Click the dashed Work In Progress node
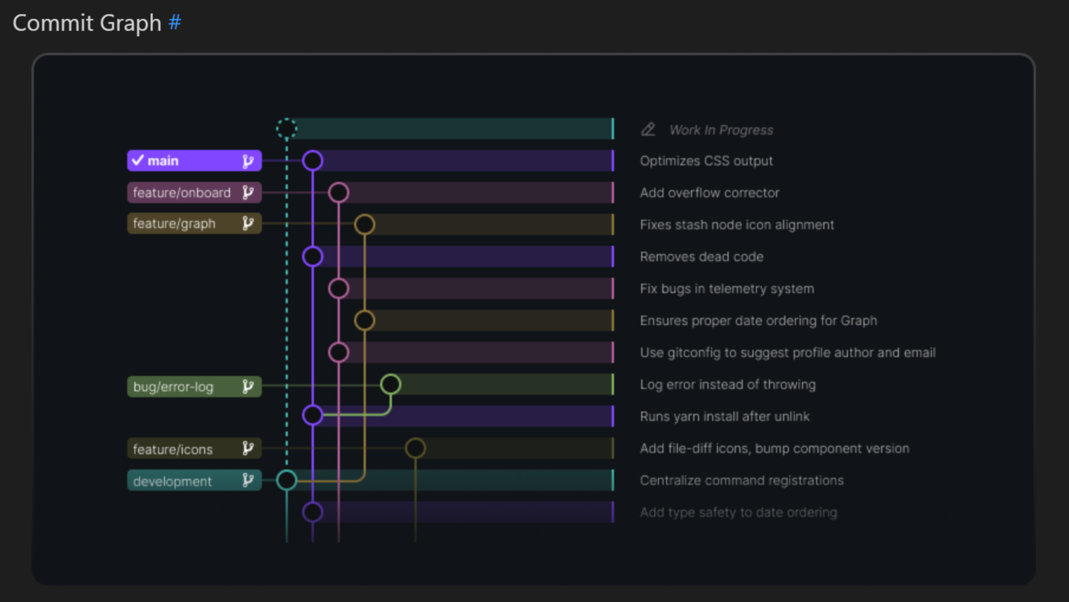[x=287, y=129]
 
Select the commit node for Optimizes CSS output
[x=313, y=161]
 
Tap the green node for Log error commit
[x=390, y=384]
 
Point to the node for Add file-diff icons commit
[x=415, y=448]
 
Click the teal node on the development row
[x=287, y=480]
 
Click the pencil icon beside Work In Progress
[x=648, y=129]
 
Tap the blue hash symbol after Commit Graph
[x=175, y=23]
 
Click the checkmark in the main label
[x=138, y=161]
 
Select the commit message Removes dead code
[x=702, y=257]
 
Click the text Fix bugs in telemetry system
[x=727, y=289]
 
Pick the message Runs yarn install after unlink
[x=724, y=416]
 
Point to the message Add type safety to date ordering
[x=738, y=512]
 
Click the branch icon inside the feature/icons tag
[x=248, y=448]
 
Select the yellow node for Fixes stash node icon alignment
[x=365, y=225]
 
